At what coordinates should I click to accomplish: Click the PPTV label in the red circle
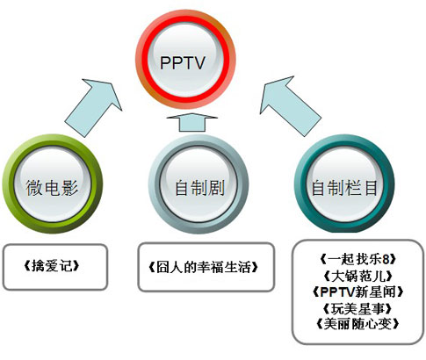click(183, 63)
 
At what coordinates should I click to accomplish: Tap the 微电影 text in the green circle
click(52, 188)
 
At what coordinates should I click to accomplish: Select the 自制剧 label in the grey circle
click(199, 188)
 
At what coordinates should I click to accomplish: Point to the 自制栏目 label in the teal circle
click(344, 188)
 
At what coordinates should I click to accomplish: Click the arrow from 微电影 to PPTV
click(94, 107)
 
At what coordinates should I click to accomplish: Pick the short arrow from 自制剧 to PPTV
click(191, 122)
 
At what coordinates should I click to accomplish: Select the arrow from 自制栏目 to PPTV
click(290, 106)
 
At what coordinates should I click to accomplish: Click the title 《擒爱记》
click(52, 266)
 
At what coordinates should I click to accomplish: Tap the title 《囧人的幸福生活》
click(204, 267)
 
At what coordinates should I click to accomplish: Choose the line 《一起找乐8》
click(357, 259)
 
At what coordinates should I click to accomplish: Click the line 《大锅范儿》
click(357, 276)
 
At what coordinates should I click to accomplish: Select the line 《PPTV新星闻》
click(357, 292)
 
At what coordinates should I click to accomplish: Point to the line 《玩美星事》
click(357, 308)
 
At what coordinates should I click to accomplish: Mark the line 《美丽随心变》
click(357, 324)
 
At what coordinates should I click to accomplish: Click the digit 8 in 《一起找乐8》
click(386, 259)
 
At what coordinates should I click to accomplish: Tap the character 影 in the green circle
click(70, 188)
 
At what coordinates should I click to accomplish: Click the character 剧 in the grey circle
click(216, 188)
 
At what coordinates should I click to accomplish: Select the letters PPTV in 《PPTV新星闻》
click(337, 292)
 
